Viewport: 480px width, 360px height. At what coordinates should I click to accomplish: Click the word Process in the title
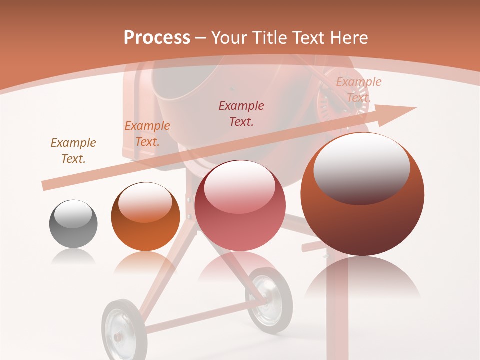click(x=157, y=37)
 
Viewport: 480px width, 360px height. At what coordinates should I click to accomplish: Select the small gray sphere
click(x=73, y=224)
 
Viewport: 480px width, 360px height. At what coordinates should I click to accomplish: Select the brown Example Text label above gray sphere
click(x=73, y=150)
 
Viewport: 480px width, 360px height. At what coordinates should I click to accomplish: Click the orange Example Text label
click(x=147, y=133)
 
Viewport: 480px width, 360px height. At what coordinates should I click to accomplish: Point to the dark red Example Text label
click(x=241, y=113)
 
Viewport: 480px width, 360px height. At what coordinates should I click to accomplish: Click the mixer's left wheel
click(x=120, y=330)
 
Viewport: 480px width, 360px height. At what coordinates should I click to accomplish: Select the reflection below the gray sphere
click(x=73, y=257)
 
